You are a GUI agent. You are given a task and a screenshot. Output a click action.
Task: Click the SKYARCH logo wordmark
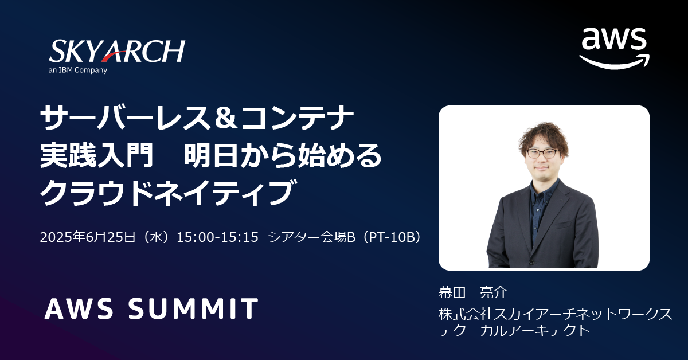tap(117, 51)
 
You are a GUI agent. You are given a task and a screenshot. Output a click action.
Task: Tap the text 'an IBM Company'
tap(78, 70)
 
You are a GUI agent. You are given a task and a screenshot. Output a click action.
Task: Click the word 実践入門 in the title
tap(97, 156)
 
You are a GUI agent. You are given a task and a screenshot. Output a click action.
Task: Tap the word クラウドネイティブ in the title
tap(169, 193)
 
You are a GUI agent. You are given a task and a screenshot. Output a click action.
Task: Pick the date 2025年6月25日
tap(88, 237)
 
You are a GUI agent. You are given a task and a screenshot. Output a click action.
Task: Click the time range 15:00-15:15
tap(217, 237)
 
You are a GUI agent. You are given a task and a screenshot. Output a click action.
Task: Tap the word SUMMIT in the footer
tap(193, 308)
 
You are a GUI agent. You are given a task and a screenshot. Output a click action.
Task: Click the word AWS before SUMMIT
tap(79, 308)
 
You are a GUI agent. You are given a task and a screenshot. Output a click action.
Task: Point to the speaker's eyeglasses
tap(542, 153)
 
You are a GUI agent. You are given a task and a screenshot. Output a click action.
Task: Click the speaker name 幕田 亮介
tap(472, 292)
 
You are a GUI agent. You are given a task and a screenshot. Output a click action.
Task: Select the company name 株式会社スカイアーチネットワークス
tap(556, 314)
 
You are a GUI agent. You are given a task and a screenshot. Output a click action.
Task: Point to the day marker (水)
tap(156, 237)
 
